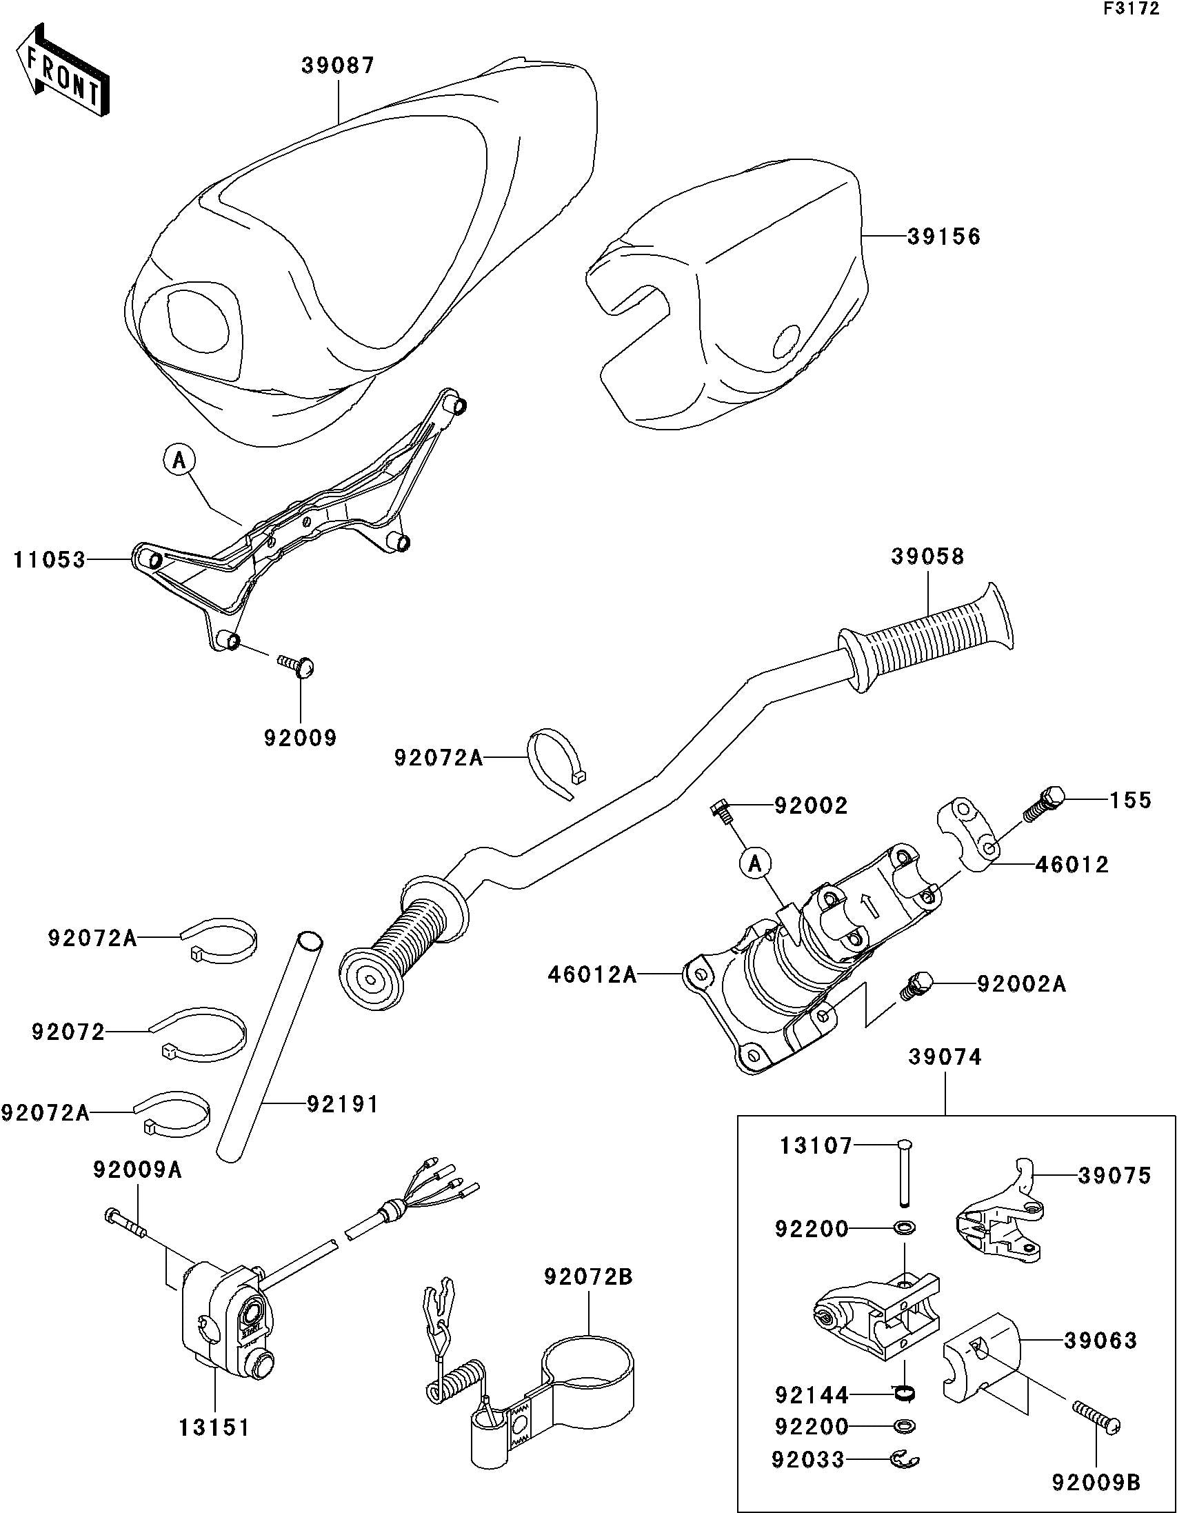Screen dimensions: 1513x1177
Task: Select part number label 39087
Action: [x=338, y=66]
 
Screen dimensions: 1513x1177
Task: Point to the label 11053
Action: [x=50, y=560]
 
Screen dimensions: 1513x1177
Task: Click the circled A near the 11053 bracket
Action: [x=179, y=459]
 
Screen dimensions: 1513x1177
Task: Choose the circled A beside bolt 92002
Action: [x=756, y=863]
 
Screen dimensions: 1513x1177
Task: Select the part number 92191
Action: [x=343, y=1103]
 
